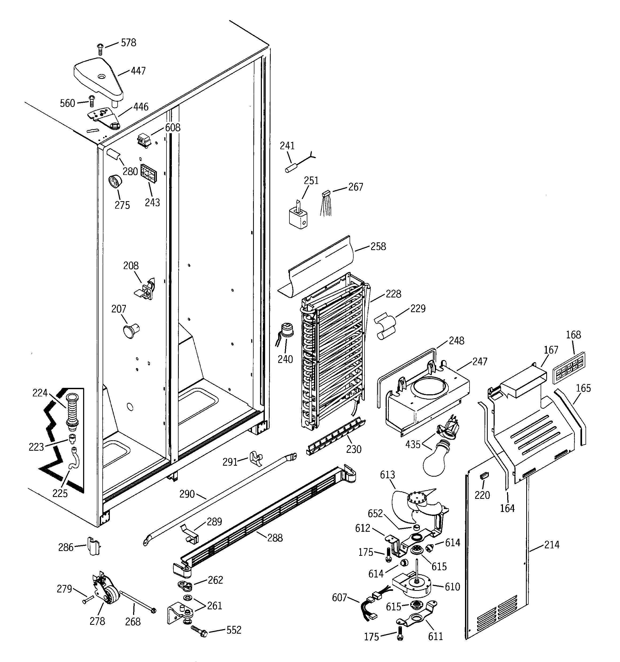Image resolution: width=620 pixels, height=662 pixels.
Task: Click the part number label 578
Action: [129, 43]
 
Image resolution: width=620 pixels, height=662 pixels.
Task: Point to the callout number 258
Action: [378, 247]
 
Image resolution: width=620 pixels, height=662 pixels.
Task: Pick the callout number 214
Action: [552, 545]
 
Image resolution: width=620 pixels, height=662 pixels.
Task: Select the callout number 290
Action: [187, 494]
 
